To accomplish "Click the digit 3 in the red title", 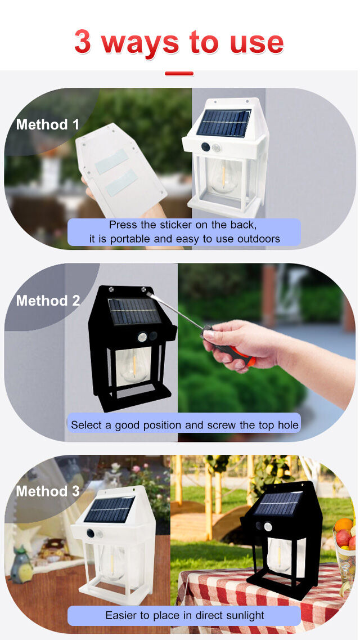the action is (82, 42).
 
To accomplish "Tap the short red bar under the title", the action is (179, 74).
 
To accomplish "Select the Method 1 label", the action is (48, 124).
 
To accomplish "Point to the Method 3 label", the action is (48, 491).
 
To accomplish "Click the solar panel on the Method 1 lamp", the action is (223, 123).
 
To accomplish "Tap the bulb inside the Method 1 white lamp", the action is (223, 176).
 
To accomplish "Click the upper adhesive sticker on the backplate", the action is (111, 161).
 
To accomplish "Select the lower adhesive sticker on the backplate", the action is (121, 183).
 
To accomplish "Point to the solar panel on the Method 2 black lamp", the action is (134, 311).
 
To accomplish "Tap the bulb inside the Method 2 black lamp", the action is (134, 365).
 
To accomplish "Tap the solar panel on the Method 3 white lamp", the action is (109, 510).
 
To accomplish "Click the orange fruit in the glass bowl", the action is (343, 525).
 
